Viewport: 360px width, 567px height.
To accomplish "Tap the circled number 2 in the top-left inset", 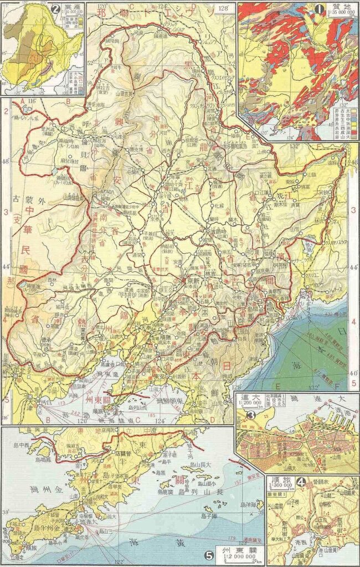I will tap(54, 8).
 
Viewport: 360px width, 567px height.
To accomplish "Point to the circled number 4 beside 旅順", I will tap(301, 482).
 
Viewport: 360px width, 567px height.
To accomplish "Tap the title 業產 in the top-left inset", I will tap(70, 5).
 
